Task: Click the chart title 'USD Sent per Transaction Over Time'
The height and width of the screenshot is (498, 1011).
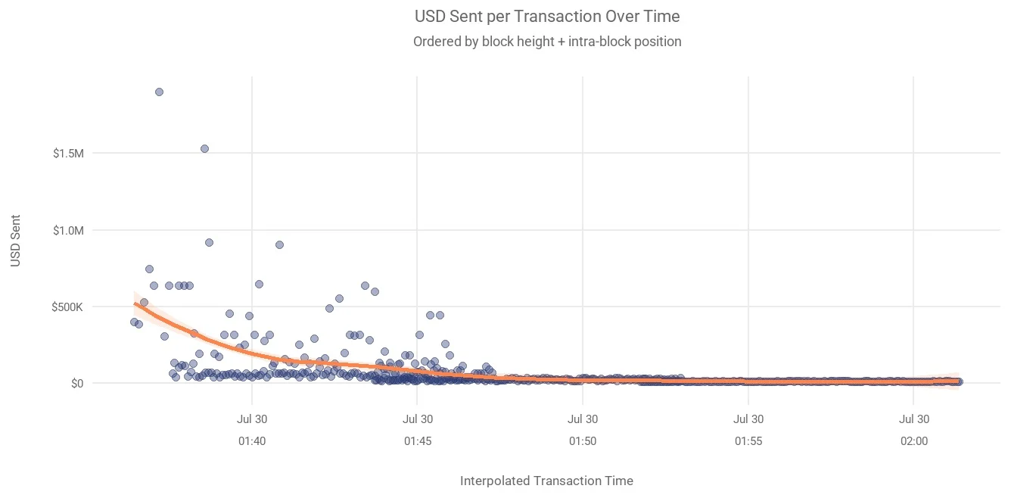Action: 547,16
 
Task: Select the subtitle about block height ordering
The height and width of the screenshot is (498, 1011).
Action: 547,42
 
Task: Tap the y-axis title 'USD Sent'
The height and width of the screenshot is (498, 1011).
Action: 15,241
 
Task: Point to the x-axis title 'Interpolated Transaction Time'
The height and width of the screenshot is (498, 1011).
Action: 546,481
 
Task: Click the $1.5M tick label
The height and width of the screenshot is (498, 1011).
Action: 68,154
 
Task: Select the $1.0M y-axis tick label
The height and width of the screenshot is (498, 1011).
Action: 68,231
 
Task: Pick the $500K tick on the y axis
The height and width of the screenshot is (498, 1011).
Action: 67,307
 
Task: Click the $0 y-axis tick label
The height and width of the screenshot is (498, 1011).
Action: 77,384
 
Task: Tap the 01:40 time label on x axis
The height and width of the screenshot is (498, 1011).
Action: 252,441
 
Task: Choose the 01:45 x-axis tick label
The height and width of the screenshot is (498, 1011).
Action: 418,441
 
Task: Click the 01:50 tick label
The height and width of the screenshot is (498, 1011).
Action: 583,441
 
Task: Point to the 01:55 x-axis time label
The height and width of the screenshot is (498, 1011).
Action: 748,441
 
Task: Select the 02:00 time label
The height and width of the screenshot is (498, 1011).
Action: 914,441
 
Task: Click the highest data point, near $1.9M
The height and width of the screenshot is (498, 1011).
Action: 160,92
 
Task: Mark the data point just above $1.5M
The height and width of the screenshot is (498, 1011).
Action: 204,149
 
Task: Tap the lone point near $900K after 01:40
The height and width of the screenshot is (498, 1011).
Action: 279,244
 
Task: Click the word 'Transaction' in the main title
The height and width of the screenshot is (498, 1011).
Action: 557,16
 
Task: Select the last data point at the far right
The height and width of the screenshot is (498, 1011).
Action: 959,382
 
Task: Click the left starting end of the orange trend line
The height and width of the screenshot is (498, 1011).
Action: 135,303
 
